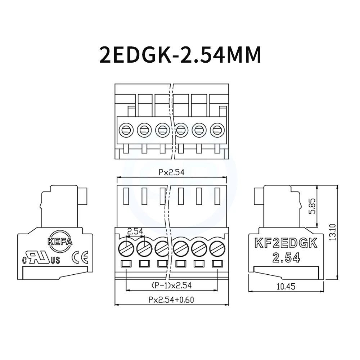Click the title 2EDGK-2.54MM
[x=180, y=55]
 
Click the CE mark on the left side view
[x=78, y=258]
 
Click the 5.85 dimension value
[x=312, y=207]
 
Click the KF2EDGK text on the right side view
[x=286, y=244]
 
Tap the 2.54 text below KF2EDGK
[x=286, y=258]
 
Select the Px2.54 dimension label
[x=171, y=172]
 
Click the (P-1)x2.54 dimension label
[x=171, y=285]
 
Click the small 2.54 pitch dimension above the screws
[x=135, y=231]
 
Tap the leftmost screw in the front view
[x=126, y=248]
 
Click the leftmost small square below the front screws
[x=126, y=264]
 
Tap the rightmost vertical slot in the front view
[x=217, y=196]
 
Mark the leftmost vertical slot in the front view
[x=126, y=196]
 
